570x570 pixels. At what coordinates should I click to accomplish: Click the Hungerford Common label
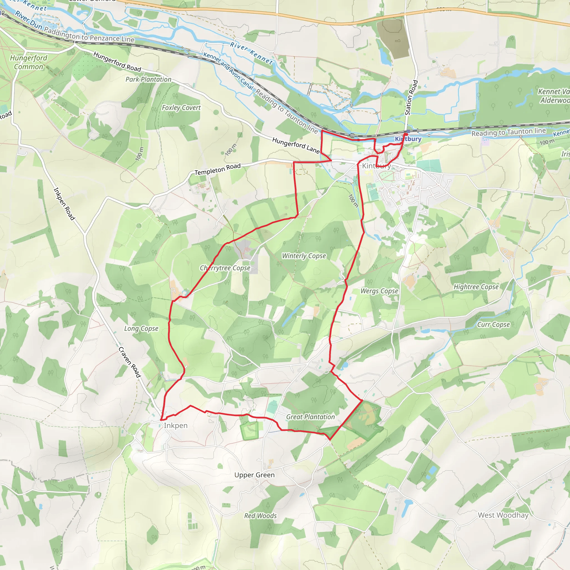pos(28,62)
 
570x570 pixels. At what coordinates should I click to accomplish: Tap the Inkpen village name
pos(176,426)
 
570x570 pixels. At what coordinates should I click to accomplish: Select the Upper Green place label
pos(254,475)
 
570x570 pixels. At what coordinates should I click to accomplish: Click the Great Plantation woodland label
pos(310,417)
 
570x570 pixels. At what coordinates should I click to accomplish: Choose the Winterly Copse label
pos(304,256)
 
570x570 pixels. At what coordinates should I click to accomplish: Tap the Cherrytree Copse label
pos(225,268)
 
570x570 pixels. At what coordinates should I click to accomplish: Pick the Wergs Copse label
pos(379,291)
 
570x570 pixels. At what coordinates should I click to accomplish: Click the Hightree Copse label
pos(476,287)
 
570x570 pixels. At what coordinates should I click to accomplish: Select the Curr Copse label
pos(493,325)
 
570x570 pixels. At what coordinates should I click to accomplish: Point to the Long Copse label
pos(141,328)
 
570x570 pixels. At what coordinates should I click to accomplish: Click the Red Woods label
pos(260,516)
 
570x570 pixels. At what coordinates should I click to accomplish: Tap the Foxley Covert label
pos(181,108)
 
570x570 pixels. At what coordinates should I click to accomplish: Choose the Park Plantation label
pos(148,79)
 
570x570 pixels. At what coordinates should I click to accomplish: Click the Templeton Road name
pos(217,169)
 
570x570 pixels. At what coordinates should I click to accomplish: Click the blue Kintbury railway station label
pos(408,139)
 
